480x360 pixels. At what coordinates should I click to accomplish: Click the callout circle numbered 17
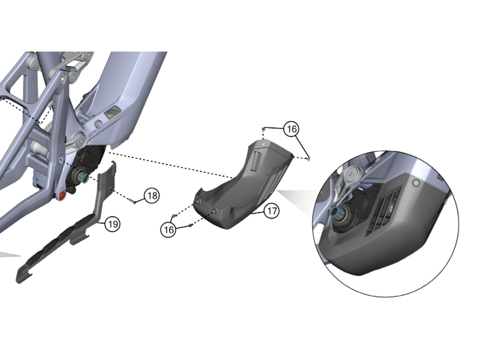[272, 210]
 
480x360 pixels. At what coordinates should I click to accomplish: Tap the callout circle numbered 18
[152, 195]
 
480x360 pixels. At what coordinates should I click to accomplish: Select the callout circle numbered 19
[112, 224]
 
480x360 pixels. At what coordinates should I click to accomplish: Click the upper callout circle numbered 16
[291, 129]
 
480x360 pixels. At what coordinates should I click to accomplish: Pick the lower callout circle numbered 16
[169, 229]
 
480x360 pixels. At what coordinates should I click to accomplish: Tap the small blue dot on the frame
[37, 180]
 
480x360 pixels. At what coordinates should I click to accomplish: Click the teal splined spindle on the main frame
[83, 177]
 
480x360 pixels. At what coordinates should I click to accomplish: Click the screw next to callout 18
[135, 202]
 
